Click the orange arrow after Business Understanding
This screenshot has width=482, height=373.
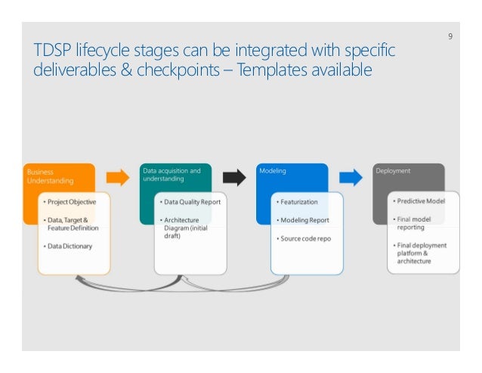(x=117, y=178)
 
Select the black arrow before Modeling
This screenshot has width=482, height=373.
(x=234, y=178)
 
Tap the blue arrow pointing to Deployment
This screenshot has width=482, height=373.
(x=351, y=178)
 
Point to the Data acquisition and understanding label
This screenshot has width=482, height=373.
(x=171, y=176)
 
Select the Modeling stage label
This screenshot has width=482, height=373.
(x=273, y=172)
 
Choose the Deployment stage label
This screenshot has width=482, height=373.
(x=393, y=172)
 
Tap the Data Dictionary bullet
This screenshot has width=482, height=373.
(x=69, y=247)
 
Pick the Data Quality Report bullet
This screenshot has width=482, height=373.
(x=190, y=203)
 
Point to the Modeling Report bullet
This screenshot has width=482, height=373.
(x=304, y=220)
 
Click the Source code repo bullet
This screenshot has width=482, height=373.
(x=305, y=238)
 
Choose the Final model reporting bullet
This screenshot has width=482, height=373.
(x=418, y=223)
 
